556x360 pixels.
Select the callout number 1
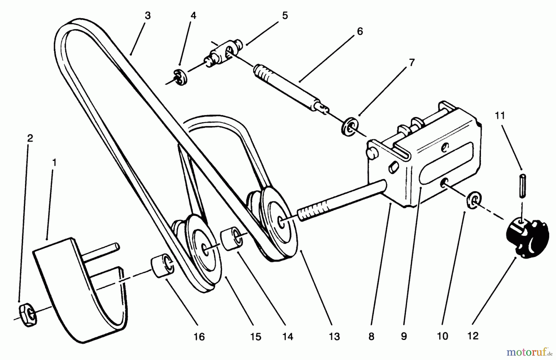point(54,162)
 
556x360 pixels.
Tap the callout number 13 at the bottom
point(334,337)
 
